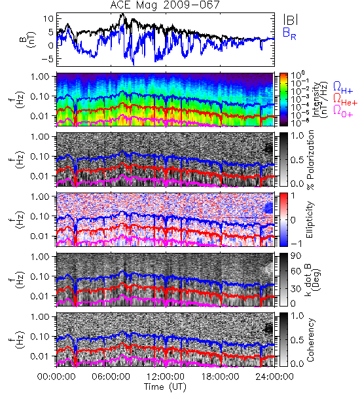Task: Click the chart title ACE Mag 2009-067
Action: [164, 5]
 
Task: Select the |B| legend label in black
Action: [291, 20]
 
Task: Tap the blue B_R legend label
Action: [289, 34]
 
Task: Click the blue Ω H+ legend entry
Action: [342, 88]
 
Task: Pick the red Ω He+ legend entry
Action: [345, 100]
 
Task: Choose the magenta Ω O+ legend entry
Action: [343, 111]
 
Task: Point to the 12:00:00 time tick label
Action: [166, 377]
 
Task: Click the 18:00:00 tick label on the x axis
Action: [220, 377]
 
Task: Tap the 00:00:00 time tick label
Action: [56, 377]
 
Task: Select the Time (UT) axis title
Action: [165, 386]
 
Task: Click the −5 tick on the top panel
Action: [48, 59]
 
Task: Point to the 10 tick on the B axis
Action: [49, 18]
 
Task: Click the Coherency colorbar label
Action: [310, 340]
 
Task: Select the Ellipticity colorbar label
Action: [310, 219]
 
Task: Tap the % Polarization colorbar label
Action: [310, 160]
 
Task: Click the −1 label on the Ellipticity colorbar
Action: [297, 244]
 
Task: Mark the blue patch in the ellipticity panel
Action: [268, 208]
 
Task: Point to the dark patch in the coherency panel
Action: [268, 328]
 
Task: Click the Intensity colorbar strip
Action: [283, 100]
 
